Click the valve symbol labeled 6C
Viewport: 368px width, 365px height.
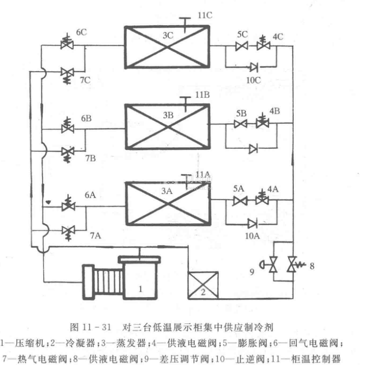tap(68, 46)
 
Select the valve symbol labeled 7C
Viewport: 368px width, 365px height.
tap(68, 73)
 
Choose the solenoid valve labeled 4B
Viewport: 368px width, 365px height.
tap(263, 125)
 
